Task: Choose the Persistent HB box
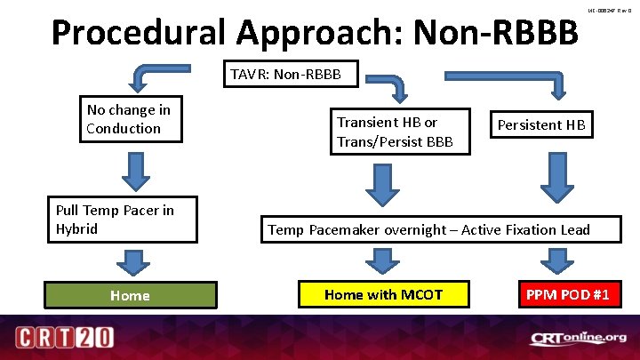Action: [541, 125]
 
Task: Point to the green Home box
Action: [131, 295]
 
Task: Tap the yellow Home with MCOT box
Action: [383, 295]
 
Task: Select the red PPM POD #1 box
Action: [566, 295]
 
